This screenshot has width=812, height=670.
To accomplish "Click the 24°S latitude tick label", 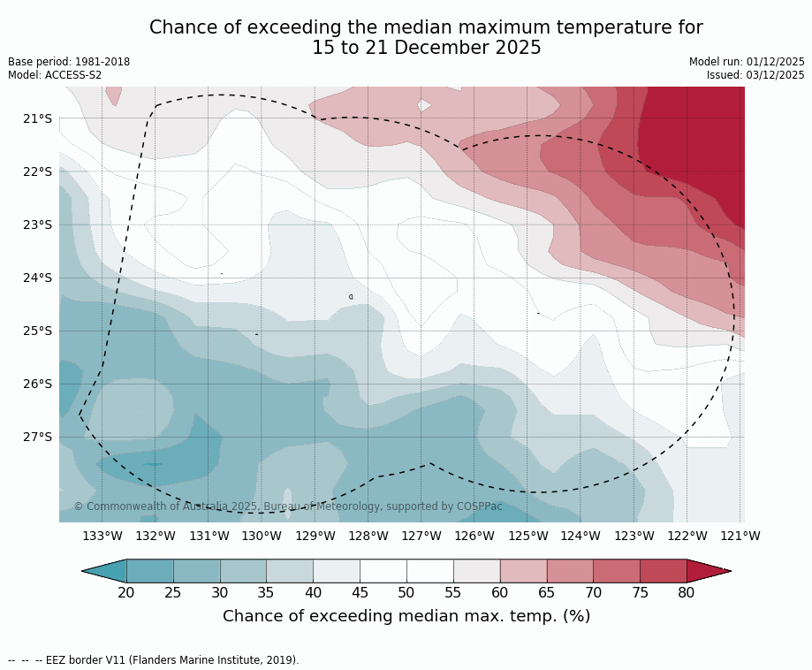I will (37, 278).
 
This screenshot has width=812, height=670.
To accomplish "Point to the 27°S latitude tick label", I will (37, 437).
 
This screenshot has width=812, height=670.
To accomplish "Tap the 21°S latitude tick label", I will (37, 118).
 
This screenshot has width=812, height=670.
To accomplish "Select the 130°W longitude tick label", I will (262, 536).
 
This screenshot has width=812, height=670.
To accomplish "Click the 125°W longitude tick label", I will (527, 536).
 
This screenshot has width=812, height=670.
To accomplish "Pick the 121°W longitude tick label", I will (740, 536).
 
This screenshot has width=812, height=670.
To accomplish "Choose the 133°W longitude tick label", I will (102, 536).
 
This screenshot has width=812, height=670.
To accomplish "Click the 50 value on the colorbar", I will (406, 592).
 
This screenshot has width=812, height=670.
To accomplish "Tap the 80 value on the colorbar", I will (687, 592).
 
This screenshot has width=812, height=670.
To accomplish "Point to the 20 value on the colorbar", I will (126, 592).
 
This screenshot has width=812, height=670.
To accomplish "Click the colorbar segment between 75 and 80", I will (663, 571).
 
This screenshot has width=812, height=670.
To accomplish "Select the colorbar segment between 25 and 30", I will (196, 571).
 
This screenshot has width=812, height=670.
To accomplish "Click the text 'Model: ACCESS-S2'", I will (55, 75).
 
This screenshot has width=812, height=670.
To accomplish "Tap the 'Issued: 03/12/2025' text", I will (755, 75).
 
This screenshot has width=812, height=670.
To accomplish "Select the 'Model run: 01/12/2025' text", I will (747, 62).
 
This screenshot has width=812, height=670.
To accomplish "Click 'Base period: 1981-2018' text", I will (69, 62).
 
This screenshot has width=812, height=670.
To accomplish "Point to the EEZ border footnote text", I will (154, 659).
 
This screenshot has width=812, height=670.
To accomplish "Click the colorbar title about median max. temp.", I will (406, 616).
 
